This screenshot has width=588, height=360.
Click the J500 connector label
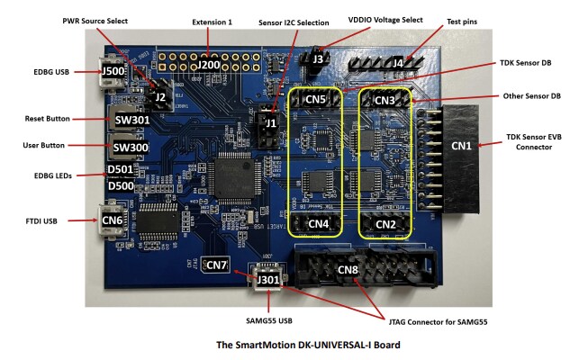pos(113,72)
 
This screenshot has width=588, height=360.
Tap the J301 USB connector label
pos(267,280)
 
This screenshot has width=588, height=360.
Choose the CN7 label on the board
pos(217,265)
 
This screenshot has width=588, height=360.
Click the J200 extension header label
pos(209,64)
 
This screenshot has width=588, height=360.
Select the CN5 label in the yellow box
pos(314,101)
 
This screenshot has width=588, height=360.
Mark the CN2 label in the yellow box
pos(386,223)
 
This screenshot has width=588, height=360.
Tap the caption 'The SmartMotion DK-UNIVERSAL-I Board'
pos(294,344)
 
